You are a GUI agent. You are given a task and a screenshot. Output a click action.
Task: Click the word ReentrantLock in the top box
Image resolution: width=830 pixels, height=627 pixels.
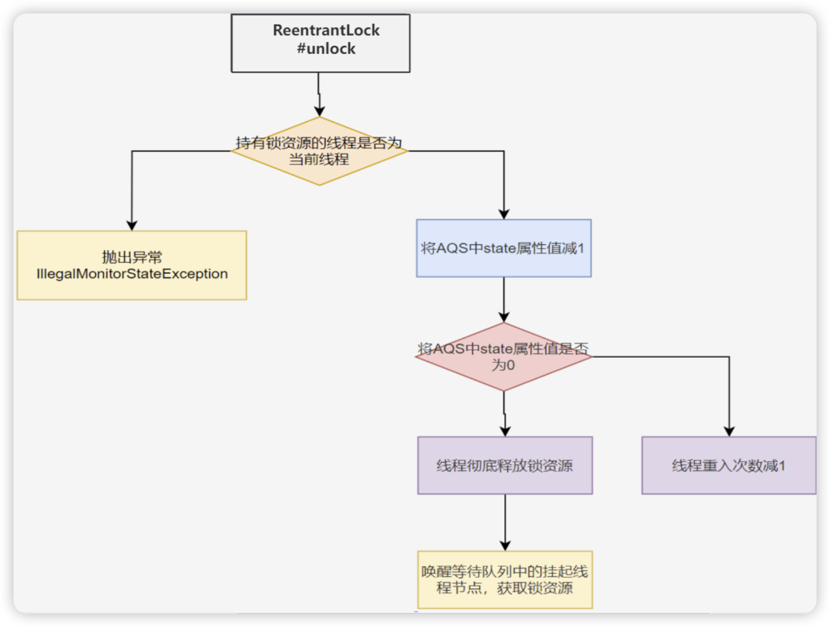(x=326, y=30)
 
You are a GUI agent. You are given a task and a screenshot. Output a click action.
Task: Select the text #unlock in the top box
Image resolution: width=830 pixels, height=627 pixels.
(x=326, y=49)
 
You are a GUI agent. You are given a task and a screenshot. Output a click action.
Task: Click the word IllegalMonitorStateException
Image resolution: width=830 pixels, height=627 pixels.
(x=132, y=274)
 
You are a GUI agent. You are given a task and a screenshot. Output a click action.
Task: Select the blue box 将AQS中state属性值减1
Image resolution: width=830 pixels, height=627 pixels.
(x=503, y=249)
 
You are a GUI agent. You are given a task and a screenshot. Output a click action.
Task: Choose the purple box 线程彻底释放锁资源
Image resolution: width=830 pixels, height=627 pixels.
(x=505, y=466)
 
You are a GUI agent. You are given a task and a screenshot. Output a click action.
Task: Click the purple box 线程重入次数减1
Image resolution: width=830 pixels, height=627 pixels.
(x=728, y=466)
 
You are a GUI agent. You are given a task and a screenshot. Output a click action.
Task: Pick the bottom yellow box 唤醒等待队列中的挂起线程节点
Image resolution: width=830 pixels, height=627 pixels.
(x=505, y=580)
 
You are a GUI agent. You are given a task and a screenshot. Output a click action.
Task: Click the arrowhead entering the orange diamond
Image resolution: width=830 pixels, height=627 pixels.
(x=319, y=112)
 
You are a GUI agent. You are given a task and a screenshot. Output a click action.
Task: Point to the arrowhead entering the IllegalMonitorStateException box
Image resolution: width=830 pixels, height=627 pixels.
(x=132, y=225)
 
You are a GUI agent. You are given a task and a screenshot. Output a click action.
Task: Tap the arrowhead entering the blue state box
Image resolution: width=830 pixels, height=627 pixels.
(x=503, y=214)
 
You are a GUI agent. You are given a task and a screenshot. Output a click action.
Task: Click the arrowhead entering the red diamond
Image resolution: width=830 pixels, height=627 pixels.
(x=503, y=317)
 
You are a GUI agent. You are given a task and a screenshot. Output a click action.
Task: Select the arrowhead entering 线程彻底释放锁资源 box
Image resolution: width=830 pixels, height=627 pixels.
(x=505, y=431)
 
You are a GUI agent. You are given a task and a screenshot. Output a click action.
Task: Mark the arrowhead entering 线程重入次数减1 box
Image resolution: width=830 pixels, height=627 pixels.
(x=729, y=431)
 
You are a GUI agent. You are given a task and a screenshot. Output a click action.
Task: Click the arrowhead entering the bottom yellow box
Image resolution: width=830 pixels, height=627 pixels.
(x=505, y=546)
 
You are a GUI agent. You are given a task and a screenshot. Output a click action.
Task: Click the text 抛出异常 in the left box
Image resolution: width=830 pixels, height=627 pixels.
(x=132, y=258)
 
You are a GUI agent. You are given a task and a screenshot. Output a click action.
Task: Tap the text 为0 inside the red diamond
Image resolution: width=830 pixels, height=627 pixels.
(x=503, y=365)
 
